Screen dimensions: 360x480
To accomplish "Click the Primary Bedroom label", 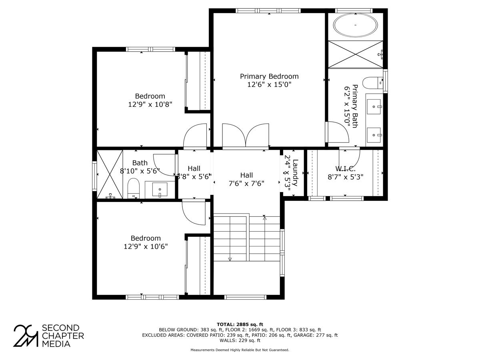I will coord(269,76).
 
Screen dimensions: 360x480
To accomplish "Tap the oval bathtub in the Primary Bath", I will coord(355,26).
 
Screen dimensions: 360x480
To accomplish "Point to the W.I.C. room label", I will coord(345,169).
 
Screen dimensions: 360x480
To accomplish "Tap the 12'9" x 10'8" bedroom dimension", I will coord(150,104).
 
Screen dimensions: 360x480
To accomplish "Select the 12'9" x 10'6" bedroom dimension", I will coord(146,246).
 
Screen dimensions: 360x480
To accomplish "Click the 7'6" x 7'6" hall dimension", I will coord(246,183).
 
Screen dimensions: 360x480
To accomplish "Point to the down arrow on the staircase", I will coord(230,259).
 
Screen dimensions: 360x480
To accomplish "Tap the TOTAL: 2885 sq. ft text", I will coord(240,324).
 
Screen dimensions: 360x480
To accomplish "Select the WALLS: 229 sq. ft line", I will coord(240,340).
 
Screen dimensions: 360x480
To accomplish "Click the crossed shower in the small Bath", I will coord(110,174).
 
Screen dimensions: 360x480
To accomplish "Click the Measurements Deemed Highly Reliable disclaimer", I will coord(240,350).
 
